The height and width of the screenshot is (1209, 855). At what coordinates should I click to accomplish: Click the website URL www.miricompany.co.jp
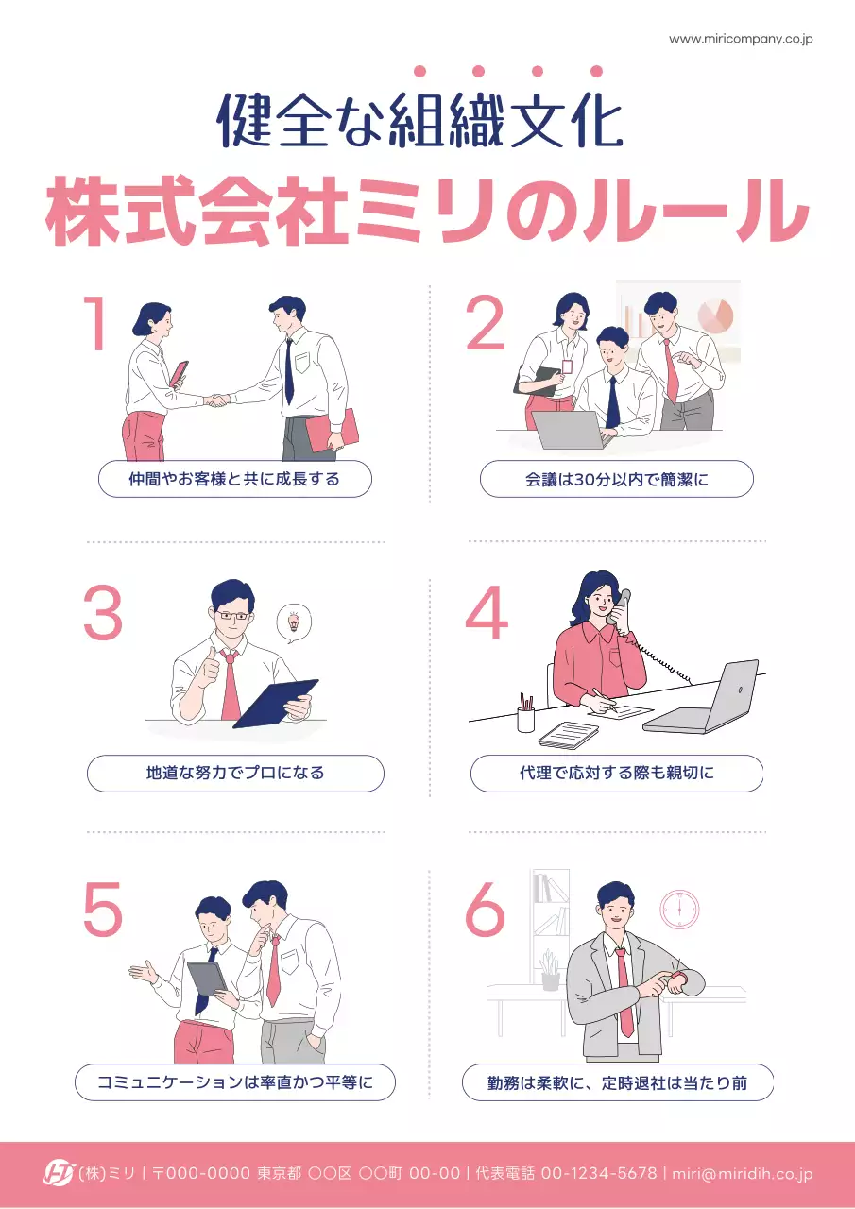741,39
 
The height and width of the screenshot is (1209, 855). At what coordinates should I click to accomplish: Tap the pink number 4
487,614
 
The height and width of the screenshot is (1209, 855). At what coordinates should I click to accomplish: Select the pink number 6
486,910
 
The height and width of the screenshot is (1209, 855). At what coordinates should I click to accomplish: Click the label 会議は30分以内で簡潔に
616,479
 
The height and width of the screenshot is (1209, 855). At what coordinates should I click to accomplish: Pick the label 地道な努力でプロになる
235,773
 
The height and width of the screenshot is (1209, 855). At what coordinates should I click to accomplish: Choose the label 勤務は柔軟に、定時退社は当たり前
617,1082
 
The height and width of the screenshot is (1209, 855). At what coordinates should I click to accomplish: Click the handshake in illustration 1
217,400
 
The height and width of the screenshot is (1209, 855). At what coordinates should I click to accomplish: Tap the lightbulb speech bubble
293,623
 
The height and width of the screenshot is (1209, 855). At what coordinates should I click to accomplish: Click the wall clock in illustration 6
679,909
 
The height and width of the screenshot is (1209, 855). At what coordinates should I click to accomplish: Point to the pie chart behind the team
715,315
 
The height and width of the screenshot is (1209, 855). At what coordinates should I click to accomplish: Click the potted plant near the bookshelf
550,971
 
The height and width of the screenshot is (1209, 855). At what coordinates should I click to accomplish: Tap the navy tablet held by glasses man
276,703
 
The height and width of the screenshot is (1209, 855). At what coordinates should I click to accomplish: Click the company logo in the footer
59,1173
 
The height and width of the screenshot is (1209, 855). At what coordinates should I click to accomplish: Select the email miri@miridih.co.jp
742,1173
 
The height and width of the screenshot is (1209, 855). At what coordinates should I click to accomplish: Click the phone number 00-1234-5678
598,1173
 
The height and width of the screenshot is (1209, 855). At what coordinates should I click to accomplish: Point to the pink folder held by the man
333,429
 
